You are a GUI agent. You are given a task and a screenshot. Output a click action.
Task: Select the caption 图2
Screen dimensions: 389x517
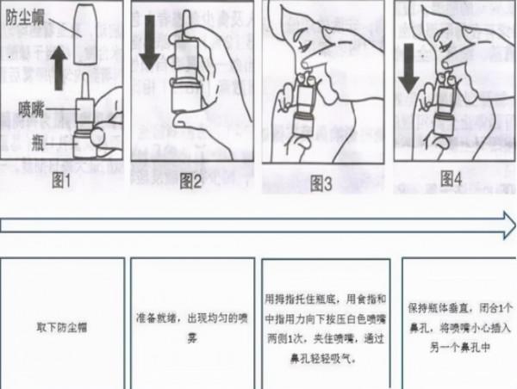tap(191, 181)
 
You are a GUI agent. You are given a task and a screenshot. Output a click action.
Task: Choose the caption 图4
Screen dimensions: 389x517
tap(452, 179)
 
